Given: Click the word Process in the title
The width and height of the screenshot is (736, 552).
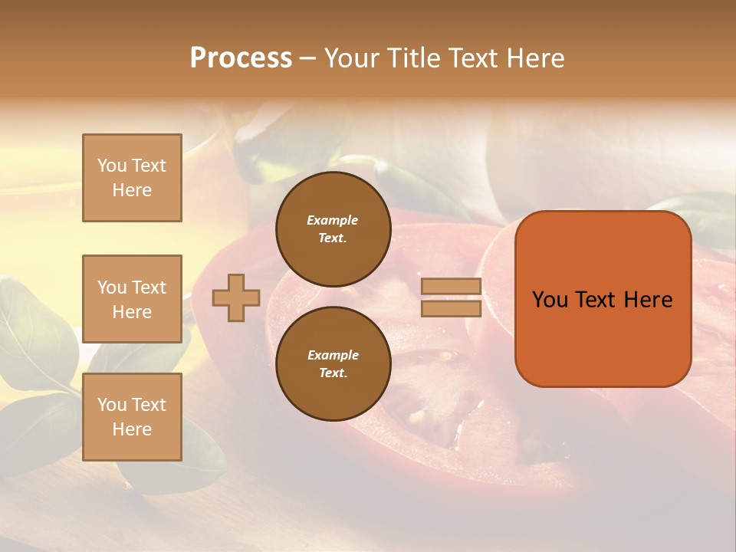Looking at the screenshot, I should click(241, 58).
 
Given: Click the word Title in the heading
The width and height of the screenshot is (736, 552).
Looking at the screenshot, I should click(412, 58).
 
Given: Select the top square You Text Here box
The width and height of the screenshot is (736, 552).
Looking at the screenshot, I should click(132, 178).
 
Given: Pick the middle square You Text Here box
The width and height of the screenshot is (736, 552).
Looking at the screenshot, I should click(132, 299).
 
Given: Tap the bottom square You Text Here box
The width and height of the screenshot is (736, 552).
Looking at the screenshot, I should click(132, 417).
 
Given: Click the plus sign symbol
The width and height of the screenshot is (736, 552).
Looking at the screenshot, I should click(236, 297).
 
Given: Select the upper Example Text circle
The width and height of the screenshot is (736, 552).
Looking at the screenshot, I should click(333, 229).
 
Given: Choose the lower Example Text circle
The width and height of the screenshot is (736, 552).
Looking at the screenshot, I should click(333, 364).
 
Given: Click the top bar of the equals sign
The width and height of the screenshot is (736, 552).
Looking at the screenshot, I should click(451, 287).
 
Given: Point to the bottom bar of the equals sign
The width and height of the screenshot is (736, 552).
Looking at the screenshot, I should click(451, 308).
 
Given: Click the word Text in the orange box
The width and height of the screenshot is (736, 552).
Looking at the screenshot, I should click(596, 300).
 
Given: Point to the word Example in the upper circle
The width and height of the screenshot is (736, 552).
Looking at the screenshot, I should click(333, 220).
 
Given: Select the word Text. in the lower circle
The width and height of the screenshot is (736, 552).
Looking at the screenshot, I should click(333, 373).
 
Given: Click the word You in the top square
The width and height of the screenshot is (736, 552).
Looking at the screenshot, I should click(112, 166).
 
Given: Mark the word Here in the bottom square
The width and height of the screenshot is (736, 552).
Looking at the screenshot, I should click(132, 429).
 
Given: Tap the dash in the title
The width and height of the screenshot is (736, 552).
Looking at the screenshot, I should click(308, 58).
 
